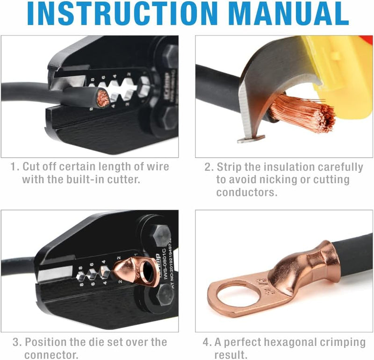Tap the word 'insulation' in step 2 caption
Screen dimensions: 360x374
click(295, 167)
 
